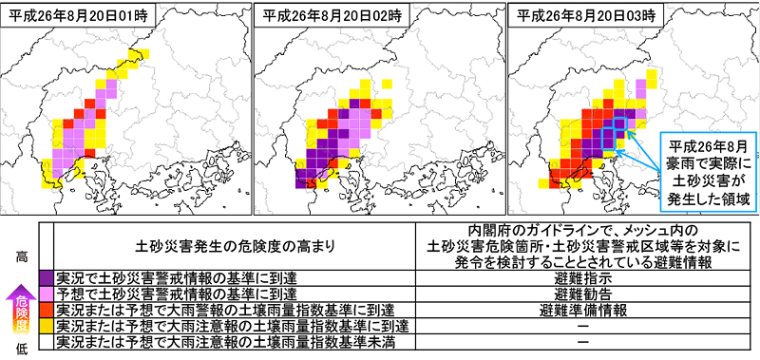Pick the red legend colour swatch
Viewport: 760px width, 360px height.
point(47,310)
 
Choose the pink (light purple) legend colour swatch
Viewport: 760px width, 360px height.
point(47,294)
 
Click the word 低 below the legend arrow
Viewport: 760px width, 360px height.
point(21,350)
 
